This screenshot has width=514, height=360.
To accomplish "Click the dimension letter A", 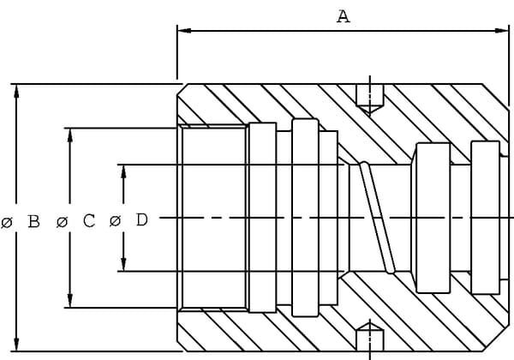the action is pyautogui.click(x=344, y=16).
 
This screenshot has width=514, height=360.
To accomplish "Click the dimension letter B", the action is pyautogui.click(x=33, y=221).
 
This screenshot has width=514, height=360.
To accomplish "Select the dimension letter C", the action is pyautogui.click(x=89, y=220).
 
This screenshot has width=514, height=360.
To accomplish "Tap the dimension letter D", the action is pyautogui.click(x=141, y=220).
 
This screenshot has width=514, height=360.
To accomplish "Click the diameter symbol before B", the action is pyautogui.click(x=7, y=223).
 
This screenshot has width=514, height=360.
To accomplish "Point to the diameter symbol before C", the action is pyautogui.click(x=62, y=222).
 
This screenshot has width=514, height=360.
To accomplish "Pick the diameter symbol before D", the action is pyautogui.click(x=115, y=221).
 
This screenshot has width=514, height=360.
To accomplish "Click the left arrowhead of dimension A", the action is pyautogui.click(x=184, y=31).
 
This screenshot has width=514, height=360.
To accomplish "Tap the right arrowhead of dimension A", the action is pyautogui.click(x=502, y=31).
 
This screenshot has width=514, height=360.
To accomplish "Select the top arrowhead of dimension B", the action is pyautogui.click(x=16, y=92).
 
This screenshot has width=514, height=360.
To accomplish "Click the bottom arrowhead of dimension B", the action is pyautogui.click(x=16, y=344).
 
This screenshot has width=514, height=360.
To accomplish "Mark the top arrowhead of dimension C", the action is pyautogui.click(x=70, y=135).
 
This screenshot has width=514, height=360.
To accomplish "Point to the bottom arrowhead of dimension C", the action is pyautogui.click(x=70, y=301).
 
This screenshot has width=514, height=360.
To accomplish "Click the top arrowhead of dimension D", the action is pyautogui.click(x=123, y=171).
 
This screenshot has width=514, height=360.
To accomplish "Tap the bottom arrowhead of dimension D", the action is pyautogui.click(x=123, y=264).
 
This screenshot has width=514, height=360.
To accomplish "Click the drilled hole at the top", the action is pyautogui.click(x=370, y=99).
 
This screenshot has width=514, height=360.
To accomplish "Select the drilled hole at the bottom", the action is pyautogui.click(x=370, y=337).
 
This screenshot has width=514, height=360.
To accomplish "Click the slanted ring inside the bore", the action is pyautogui.click(x=377, y=218).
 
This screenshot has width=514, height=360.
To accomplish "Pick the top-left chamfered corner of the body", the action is pyautogui.click(x=181, y=90).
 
